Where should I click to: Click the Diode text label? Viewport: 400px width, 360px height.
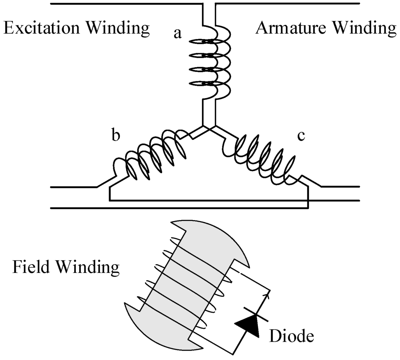click(291, 335)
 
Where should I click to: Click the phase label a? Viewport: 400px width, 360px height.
click(178, 34)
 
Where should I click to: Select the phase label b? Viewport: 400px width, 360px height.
click(116, 136)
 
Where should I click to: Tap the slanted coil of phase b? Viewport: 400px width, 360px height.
click(150, 156)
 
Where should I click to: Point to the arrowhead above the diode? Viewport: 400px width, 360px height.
click(268, 291)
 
